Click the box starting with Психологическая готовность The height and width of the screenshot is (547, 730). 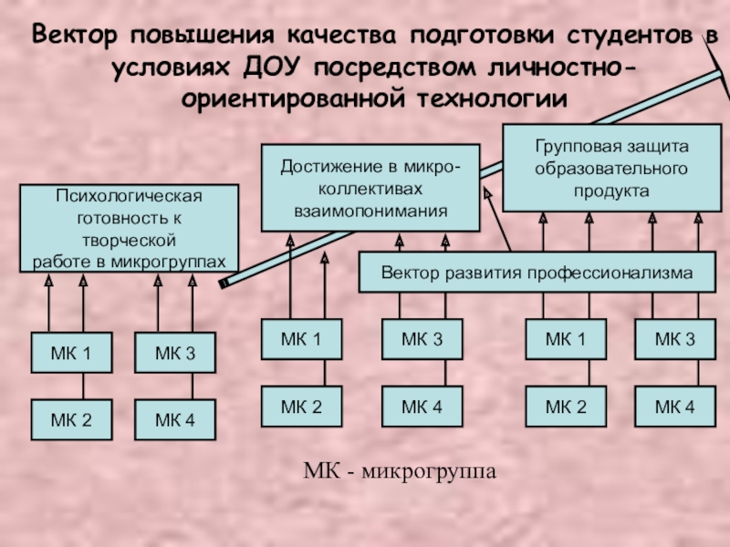point(129,229)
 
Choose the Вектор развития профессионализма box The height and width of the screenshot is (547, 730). point(537,273)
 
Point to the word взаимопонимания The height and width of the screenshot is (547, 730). point(370,211)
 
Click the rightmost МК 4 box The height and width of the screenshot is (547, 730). point(675,407)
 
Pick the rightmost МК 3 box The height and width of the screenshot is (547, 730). point(675,340)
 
